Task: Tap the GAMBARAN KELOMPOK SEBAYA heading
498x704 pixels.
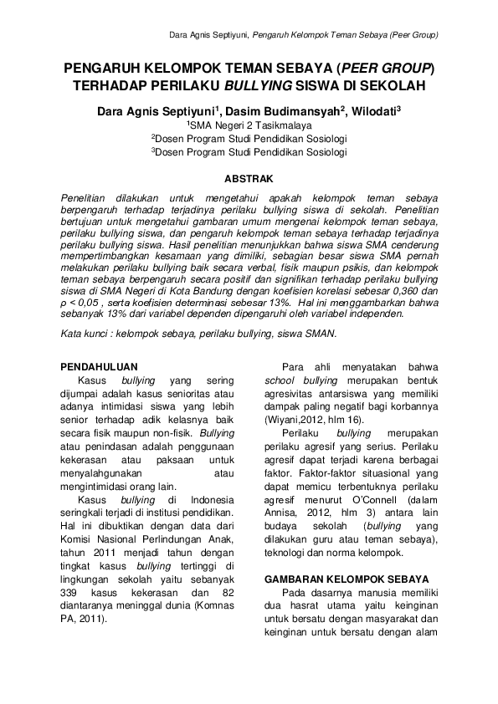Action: point(346,579)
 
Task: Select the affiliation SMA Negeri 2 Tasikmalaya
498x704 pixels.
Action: point(252,124)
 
